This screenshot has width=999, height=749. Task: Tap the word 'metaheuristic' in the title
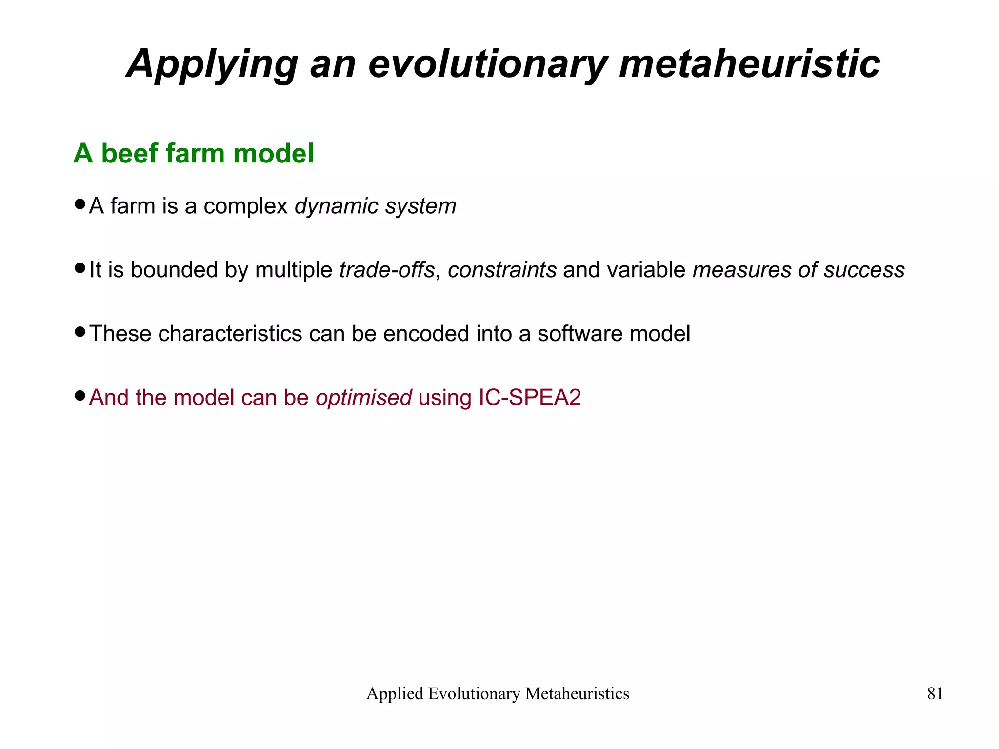(749, 64)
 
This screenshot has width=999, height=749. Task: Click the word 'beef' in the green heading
(129, 153)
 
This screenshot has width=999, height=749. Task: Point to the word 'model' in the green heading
(274, 153)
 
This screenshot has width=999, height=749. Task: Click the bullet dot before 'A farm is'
(80, 204)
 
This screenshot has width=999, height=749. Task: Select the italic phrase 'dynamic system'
(375, 206)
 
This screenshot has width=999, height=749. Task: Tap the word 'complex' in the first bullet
(245, 206)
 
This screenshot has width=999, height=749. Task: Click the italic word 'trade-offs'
(386, 270)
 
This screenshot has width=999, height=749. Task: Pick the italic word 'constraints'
(502, 270)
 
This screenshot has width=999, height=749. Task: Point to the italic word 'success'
(864, 270)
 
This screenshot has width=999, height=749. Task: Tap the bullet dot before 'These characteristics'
(80, 332)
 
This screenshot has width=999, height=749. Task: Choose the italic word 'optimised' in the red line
(363, 398)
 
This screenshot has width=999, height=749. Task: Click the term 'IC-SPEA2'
(530, 398)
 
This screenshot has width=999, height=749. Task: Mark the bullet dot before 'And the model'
(80, 396)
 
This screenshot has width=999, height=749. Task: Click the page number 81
(935, 694)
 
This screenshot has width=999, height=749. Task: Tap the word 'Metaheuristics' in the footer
(577, 694)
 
